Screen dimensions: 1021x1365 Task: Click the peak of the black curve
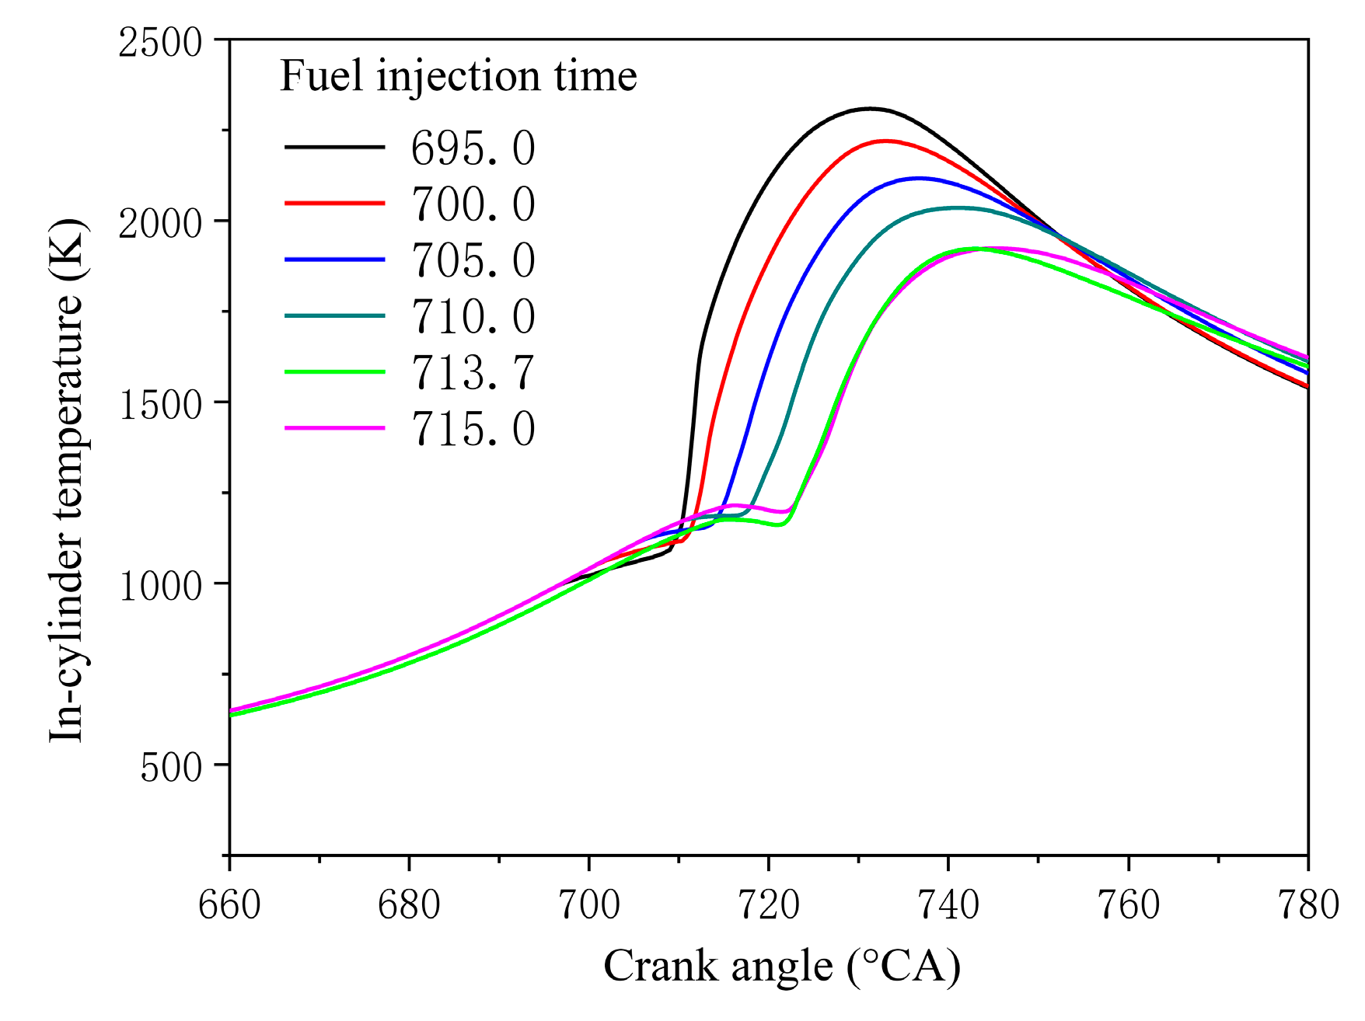[870, 109]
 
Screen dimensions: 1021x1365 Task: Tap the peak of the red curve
[885, 141]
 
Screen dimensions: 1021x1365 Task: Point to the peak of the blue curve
[919, 178]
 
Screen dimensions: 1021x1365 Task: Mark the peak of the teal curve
[958, 207]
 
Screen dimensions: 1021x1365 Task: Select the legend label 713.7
[473, 372]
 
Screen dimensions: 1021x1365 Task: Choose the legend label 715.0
[473, 428]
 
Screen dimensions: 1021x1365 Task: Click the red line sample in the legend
[334, 203]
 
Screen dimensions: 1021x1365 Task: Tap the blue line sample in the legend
[334, 260]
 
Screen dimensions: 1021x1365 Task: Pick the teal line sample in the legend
[334, 315]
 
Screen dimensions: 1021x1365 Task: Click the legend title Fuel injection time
[458, 76]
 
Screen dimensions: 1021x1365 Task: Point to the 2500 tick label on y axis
[160, 41]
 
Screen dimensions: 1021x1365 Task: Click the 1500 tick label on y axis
[160, 403]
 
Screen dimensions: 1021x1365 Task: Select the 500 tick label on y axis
[171, 766]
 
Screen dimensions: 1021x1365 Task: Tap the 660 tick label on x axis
[229, 904]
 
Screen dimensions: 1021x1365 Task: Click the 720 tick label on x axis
[768, 904]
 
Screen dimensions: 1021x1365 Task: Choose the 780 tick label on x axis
[1307, 904]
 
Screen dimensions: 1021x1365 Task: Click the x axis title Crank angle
[781, 967]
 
